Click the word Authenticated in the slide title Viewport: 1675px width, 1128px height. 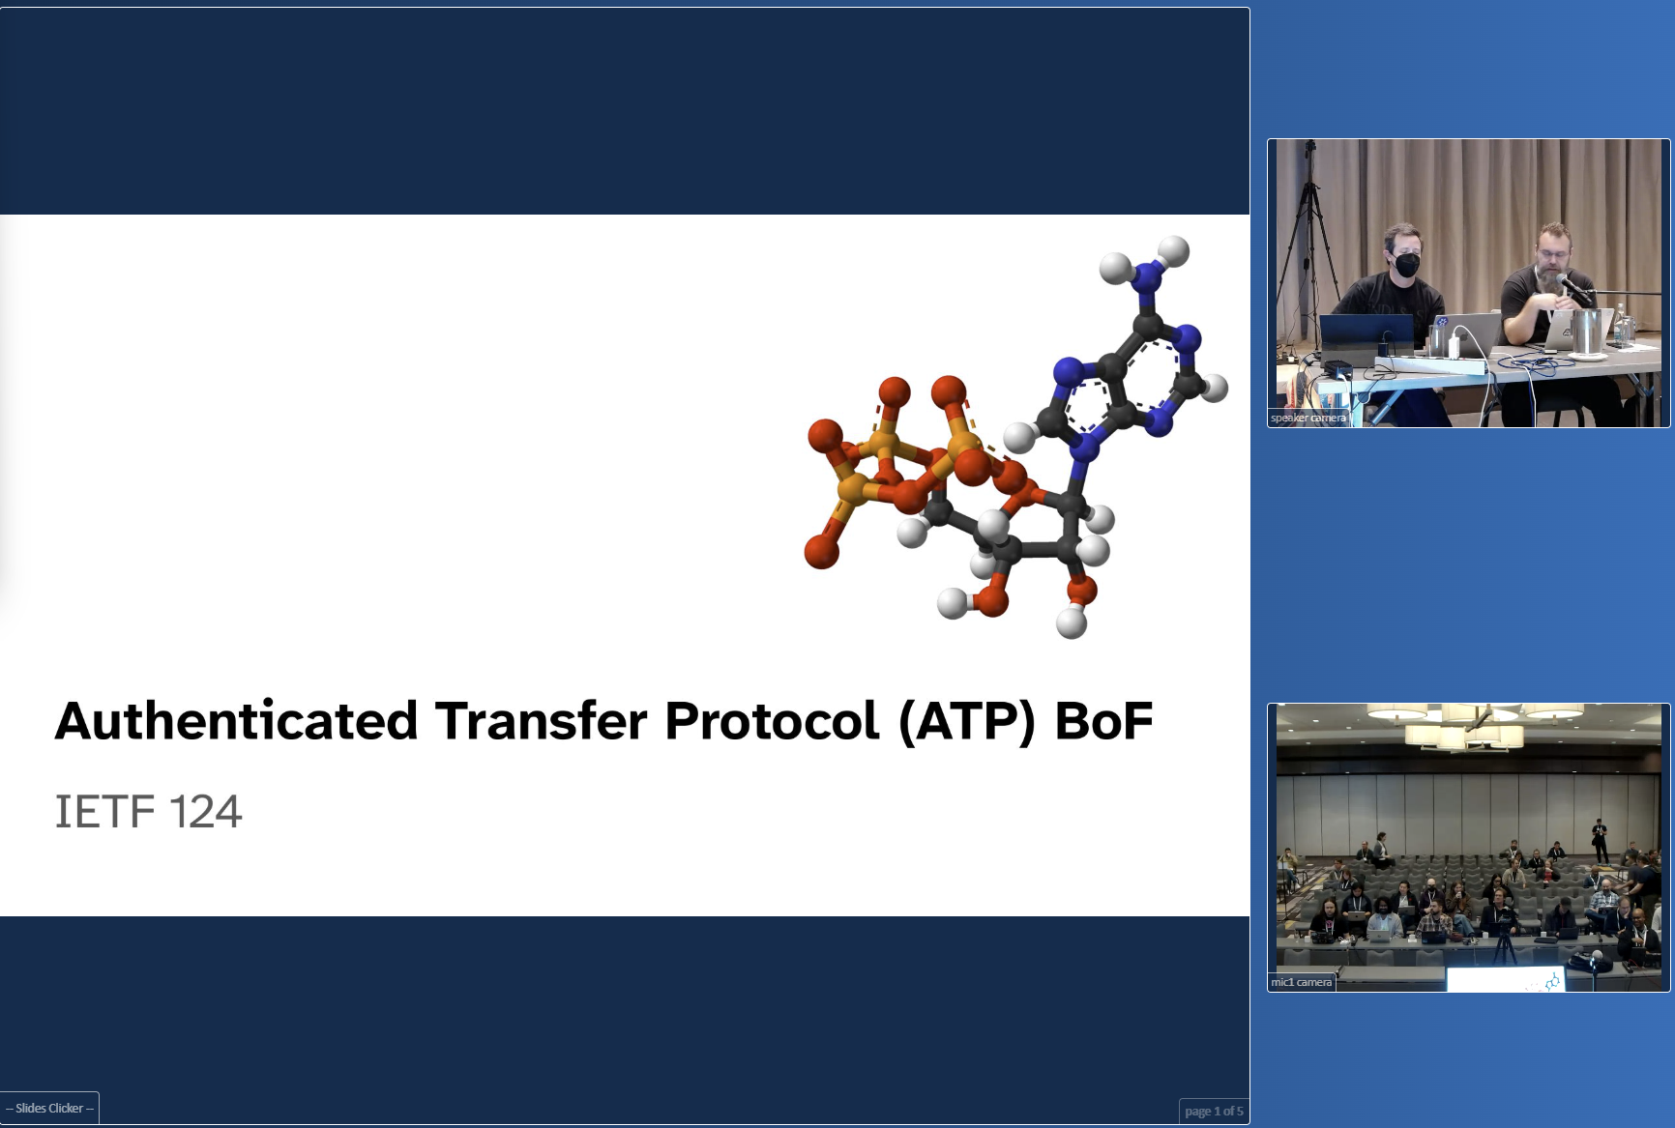pyautogui.click(x=237, y=721)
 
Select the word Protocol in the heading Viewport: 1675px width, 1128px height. pyautogui.click(x=772, y=721)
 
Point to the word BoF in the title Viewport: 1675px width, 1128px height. pyautogui.click(x=1104, y=721)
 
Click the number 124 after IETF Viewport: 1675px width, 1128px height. pyautogui.click(x=205, y=812)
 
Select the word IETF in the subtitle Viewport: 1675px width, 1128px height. pyautogui.click(x=104, y=812)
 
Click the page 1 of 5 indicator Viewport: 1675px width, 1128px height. pyautogui.click(x=1214, y=1111)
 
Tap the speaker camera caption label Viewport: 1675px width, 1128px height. pyautogui.click(x=1308, y=418)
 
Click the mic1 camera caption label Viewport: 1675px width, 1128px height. pyautogui.click(x=1301, y=982)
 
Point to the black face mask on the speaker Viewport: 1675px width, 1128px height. pyautogui.click(x=1406, y=263)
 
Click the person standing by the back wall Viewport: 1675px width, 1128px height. pyautogui.click(x=1601, y=841)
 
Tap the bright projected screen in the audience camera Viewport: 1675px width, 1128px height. pyautogui.click(x=1504, y=979)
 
